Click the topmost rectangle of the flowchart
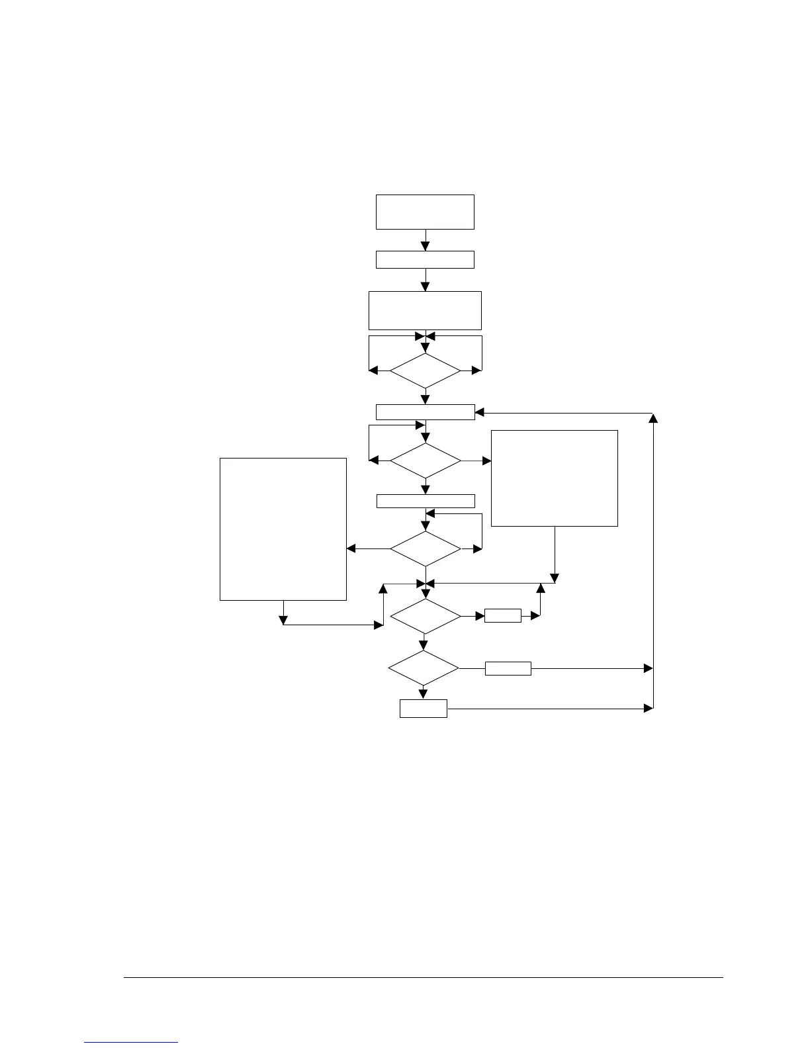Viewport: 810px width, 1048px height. (x=425, y=212)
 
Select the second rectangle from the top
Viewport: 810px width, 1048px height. (x=425, y=259)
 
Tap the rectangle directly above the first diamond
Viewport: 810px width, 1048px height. (x=425, y=310)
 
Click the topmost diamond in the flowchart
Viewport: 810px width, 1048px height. (x=425, y=371)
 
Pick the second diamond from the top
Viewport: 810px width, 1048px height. (x=425, y=460)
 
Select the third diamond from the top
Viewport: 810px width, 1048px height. (x=425, y=548)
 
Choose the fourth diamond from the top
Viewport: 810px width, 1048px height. (x=425, y=617)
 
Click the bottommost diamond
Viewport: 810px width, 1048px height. (x=424, y=668)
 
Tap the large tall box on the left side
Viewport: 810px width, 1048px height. (x=283, y=529)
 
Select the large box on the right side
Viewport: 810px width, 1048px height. (x=555, y=478)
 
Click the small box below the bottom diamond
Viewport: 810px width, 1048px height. (x=424, y=709)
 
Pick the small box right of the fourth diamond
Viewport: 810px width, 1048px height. (x=503, y=616)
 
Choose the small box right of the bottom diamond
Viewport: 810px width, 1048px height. (x=508, y=668)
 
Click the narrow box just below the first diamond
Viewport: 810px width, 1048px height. (x=425, y=412)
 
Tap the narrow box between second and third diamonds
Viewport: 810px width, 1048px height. (x=425, y=501)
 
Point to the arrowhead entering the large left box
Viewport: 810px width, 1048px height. (x=351, y=548)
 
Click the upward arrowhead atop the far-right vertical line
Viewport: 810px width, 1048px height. (x=653, y=418)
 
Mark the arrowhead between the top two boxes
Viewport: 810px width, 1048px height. (x=425, y=246)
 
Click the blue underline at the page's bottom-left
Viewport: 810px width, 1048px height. (x=132, y=1043)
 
